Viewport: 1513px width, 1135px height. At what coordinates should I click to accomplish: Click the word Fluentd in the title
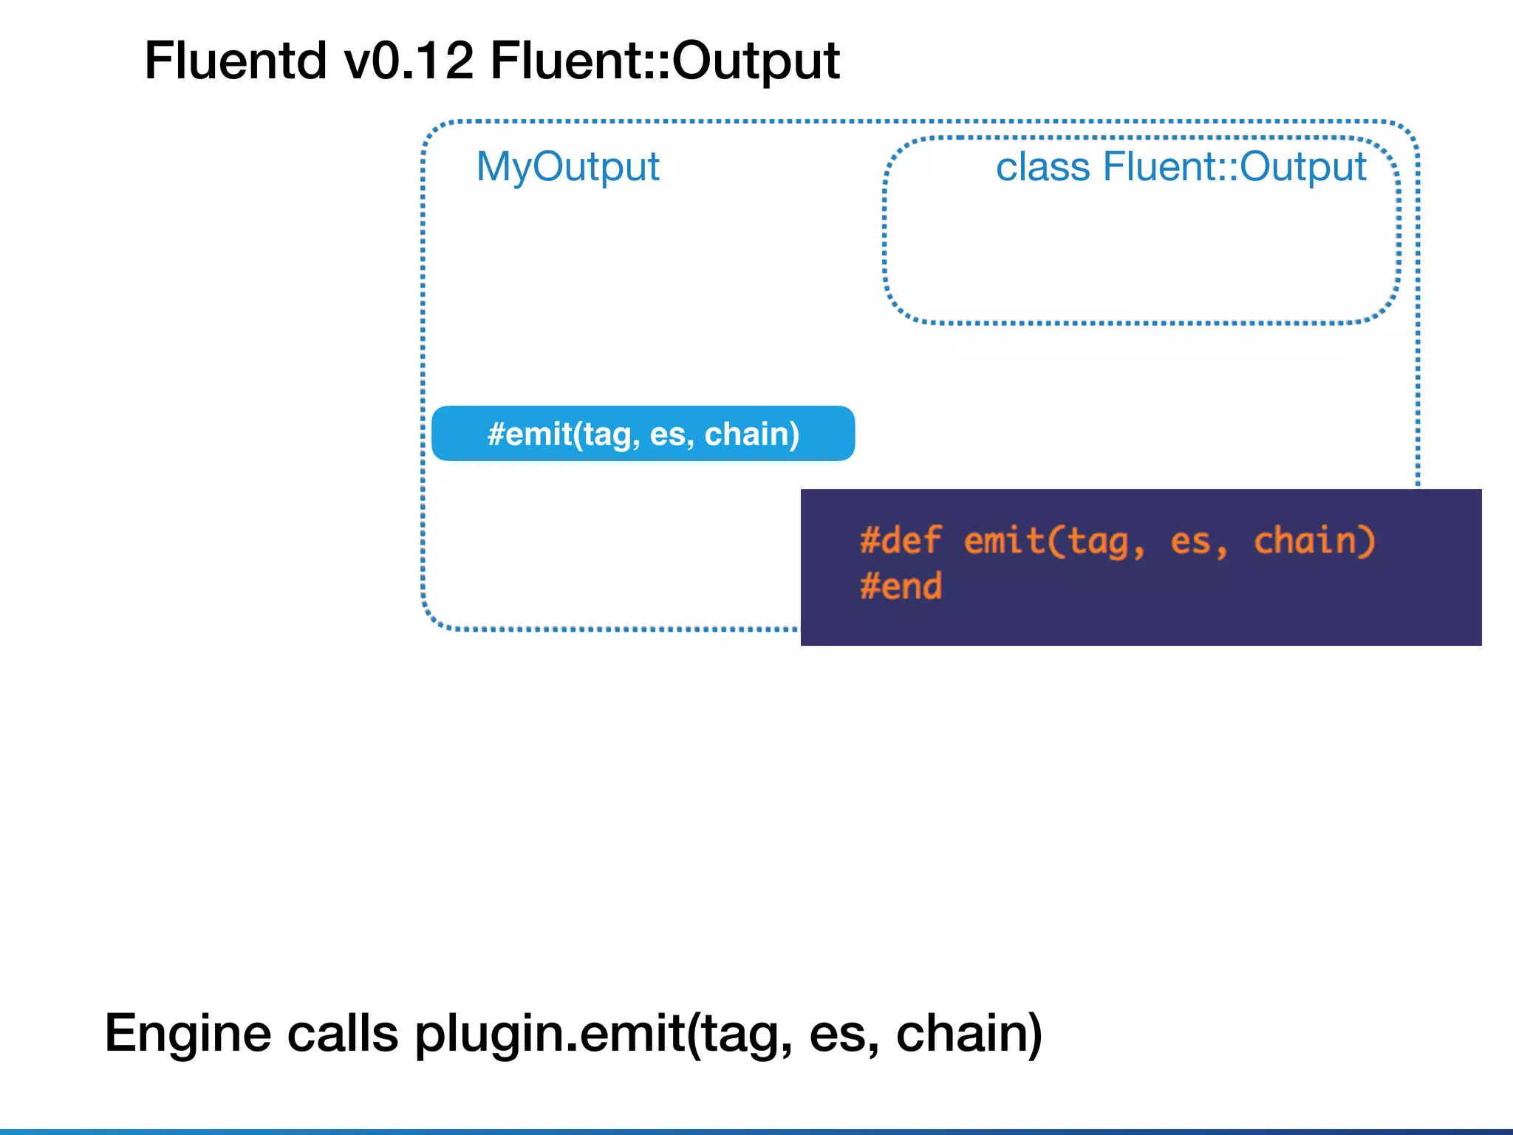(235, 61)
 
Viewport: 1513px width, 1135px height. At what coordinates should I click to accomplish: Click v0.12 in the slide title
(409, 61)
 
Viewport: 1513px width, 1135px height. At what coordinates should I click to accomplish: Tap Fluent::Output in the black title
(665, 61)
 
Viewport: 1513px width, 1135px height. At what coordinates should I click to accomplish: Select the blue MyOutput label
(567, 167)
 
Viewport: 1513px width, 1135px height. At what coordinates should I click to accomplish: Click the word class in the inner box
(1042, 167)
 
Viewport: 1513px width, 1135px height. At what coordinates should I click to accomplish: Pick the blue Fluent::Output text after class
(1234, 167)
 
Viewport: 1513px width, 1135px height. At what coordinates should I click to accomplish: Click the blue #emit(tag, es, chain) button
(643, 434)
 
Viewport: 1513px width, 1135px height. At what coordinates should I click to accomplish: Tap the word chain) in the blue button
(751, 434)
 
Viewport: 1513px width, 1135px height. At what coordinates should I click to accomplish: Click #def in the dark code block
(901, 541)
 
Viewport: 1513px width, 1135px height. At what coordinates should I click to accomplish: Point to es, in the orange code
(1199, 541)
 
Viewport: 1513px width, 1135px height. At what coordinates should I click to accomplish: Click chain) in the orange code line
(1314, 541)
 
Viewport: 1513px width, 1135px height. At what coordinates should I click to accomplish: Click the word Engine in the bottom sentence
(188, 1033)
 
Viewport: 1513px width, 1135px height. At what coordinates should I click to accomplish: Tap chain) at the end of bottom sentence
(969, 1033)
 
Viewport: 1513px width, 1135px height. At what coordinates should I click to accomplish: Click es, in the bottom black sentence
(844, 1033)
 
